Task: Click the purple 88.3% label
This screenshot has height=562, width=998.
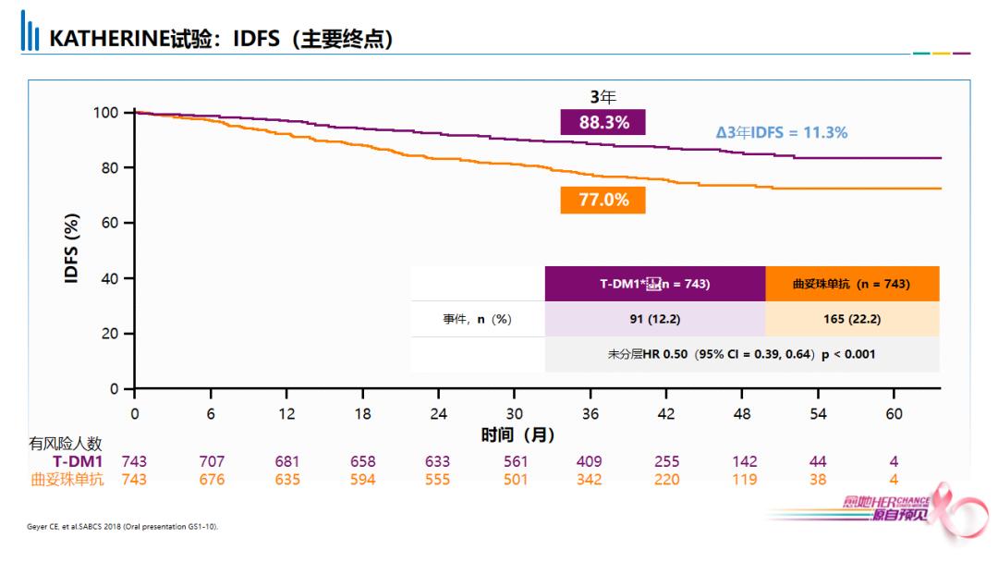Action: (x=602, y=122)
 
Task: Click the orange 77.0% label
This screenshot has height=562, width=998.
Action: (x=602, y=200)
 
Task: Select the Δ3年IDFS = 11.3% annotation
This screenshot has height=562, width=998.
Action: (x=781, y=132)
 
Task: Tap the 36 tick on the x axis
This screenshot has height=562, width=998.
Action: (x=590, y=414)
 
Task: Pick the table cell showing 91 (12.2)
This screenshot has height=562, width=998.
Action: (x=654, y=319)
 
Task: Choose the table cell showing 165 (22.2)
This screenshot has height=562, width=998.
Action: (x=852, y=319)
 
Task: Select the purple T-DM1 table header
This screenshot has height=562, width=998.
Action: (x=654, y=284)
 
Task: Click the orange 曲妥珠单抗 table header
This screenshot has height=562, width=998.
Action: (x=852, y=284)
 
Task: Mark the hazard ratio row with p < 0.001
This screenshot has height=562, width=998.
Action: (x=741, y=354)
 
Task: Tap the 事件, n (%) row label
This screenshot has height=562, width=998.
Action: (x=477, y=319)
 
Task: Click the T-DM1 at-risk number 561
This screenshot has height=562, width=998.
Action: (x=514, y=461)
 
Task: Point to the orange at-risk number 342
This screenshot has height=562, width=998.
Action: (x=589, y=480)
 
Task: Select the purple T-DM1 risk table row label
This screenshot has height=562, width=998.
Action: (x=78, y=461)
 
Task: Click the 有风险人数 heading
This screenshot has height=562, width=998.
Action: (x=66, y=444)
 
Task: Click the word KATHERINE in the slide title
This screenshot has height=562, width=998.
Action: (x=108, y=39)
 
